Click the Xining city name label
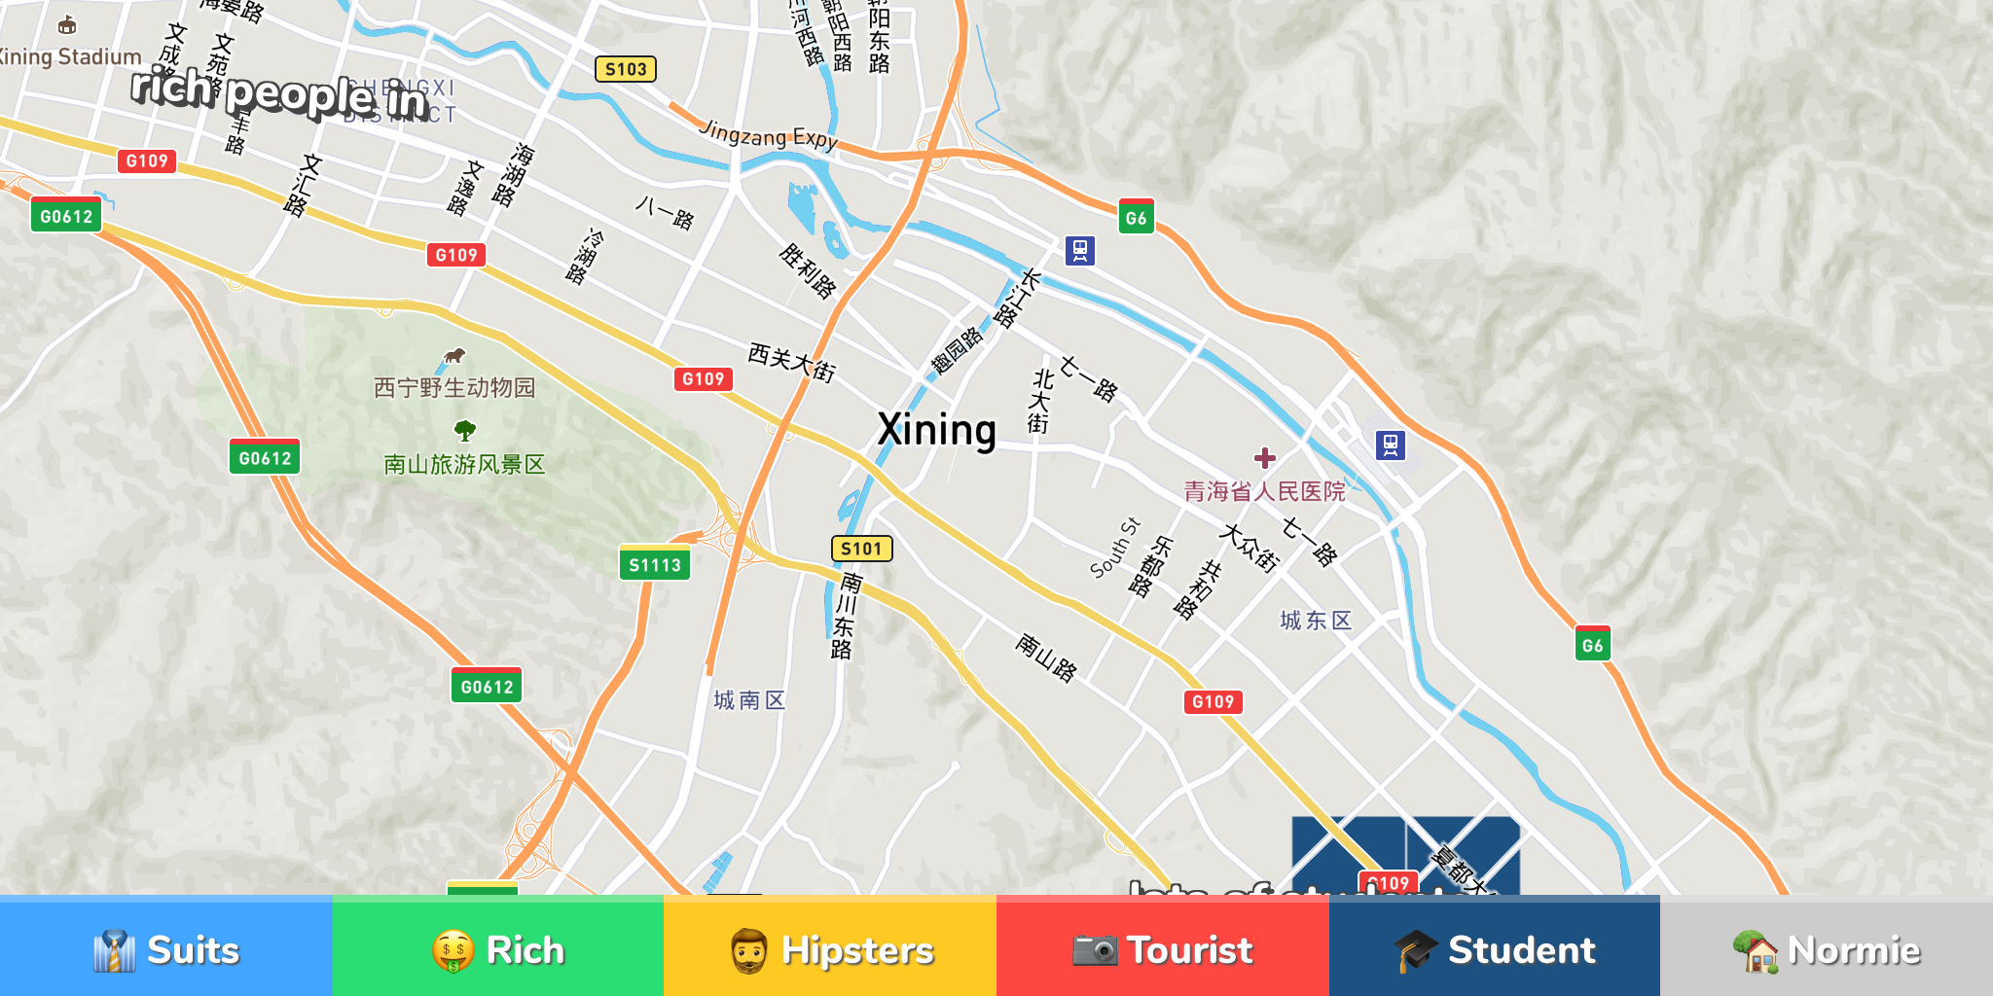tap(936, 430)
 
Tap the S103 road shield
tap(626, 69)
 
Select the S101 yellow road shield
tap(861, 549)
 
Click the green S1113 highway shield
tap(655, 565)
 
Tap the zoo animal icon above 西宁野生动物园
tap(454, 356)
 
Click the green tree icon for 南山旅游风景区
tap(465, 430)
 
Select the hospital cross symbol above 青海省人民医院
tap(1265, 458)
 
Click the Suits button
tap(166, 949)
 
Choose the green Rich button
tap(498, 949)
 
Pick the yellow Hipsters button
tap(830, 949)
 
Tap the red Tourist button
tap(1163, 949)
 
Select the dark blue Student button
tap(1495, 949)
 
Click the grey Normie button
tap(1827, 949)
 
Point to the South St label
tap(1114, 548)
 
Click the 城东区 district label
tap(1316, 621)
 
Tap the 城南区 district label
tap(749, 700)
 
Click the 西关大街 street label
tap(791, 362)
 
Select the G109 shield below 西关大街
tap(703, 379)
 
